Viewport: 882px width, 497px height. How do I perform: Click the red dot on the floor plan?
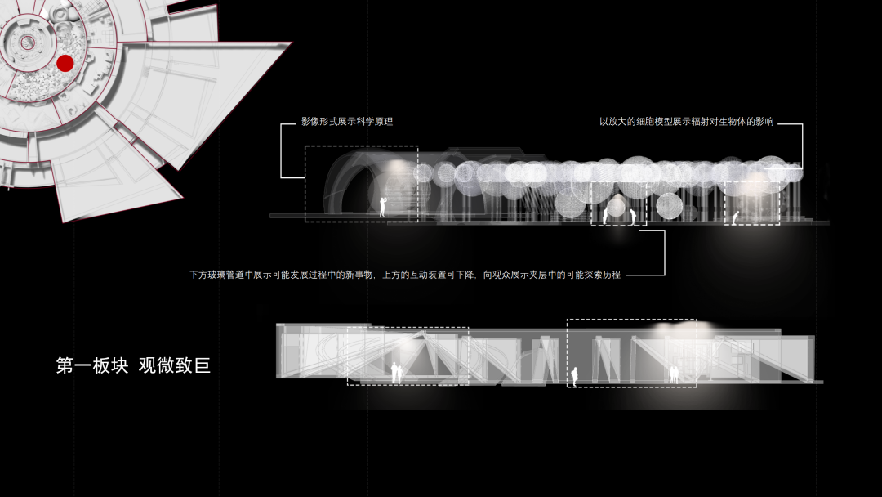[x=65, y=63]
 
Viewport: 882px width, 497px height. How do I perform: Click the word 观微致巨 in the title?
[x=175, y=365]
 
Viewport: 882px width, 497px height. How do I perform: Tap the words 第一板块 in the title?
[x=91, y=365]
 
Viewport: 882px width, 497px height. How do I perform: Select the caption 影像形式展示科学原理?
[x=346, y=122]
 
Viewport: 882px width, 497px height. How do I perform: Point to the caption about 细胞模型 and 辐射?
[x=686, y=122]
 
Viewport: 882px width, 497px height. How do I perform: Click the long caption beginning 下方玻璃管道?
[x=405, y=275]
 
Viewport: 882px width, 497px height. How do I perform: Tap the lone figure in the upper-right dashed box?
[x=736, y=217]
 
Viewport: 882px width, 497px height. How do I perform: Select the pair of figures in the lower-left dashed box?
[x=396, y=373]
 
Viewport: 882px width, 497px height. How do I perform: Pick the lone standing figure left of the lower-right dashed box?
[x=574, y=376]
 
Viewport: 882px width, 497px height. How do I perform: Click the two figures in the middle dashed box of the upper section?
[x=618, y=217]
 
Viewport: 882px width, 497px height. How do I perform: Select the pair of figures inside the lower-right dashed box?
[x=675, y=374]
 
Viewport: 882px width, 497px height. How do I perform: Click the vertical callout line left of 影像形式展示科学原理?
[x=282, y=151]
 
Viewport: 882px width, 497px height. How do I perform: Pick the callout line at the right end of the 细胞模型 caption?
[x=802, y=143]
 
